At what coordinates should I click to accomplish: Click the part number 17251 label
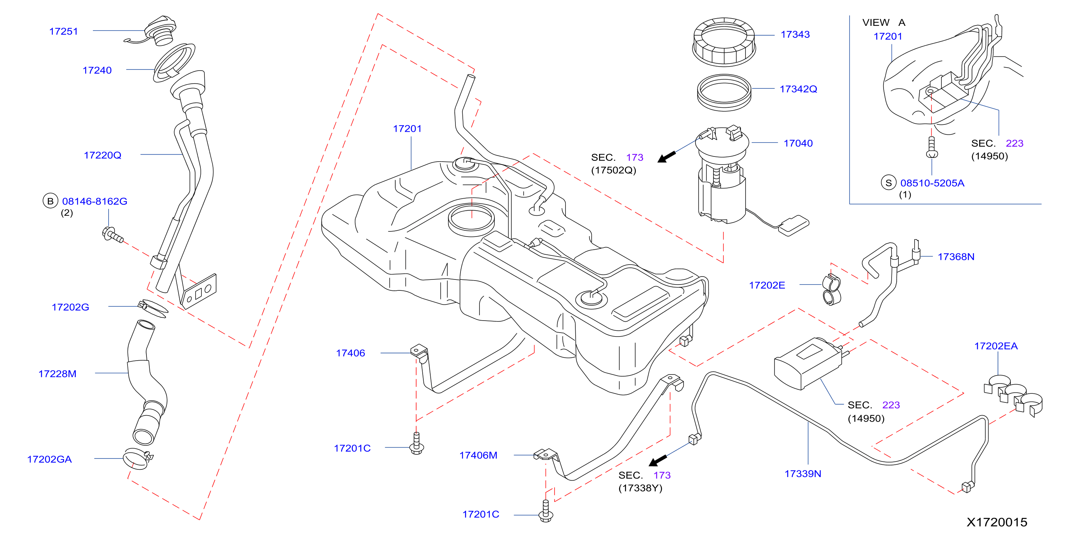[63, 32]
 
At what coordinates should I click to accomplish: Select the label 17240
[97, 71]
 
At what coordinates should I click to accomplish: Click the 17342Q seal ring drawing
[724, 92]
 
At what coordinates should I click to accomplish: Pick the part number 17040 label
[798, 143]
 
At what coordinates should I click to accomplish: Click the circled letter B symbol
[50, 201]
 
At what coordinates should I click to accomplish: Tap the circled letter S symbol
[889, 183]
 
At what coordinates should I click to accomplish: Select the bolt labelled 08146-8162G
[113, 235]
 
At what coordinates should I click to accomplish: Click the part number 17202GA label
[50, 459]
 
